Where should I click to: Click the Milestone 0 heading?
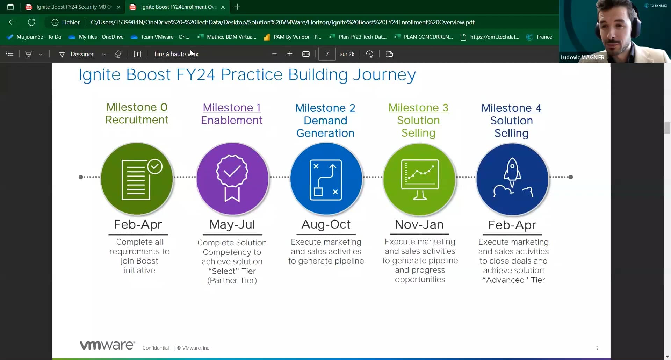137,107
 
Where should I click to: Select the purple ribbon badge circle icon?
232,179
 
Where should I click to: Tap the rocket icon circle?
512,179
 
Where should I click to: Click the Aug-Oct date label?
326,224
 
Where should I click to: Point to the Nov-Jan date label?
419,224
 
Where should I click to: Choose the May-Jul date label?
232,224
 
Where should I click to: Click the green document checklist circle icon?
137,179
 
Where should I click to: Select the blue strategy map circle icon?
326,179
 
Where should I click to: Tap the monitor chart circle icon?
419,179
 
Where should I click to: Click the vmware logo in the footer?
107,345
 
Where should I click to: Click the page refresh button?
31,22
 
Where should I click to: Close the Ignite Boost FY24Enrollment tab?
223,7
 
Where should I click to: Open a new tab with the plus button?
237,7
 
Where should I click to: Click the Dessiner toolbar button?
82,54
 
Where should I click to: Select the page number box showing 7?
327,54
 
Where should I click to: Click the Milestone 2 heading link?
325,108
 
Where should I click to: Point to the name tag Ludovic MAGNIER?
582,57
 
